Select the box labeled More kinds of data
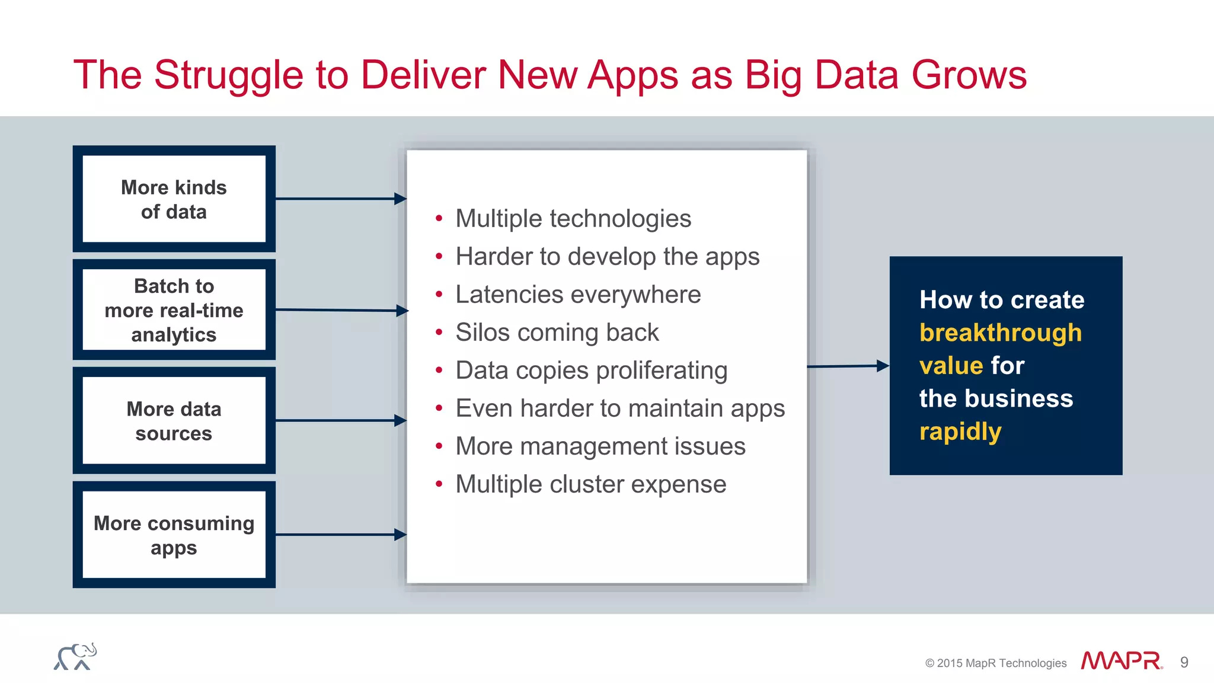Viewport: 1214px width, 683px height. pos(174,199)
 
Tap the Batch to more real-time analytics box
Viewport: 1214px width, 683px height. pos(174,309)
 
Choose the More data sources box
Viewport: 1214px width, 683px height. pos(174,420)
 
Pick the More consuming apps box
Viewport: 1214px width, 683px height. pos(174,535)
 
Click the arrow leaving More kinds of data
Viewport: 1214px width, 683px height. pos(340,199)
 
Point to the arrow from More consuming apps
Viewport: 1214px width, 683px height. pos(340,535)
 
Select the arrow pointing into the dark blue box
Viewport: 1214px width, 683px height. pos(848,366)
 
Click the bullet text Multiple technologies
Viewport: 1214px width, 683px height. pos(573,219)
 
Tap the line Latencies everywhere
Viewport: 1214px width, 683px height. pos(577,295)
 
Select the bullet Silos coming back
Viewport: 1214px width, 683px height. pos(557,333)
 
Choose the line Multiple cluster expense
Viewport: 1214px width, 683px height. pos(590,484)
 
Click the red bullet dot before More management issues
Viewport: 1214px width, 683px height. pos(439,446)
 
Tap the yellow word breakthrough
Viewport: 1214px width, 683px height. pos(1000,333)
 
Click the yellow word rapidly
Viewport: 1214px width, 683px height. pos(960,432)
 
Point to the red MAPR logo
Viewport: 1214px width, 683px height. pos(1121,661)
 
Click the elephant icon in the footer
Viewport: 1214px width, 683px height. pos(75,657)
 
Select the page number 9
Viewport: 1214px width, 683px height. pos(1184,662)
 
